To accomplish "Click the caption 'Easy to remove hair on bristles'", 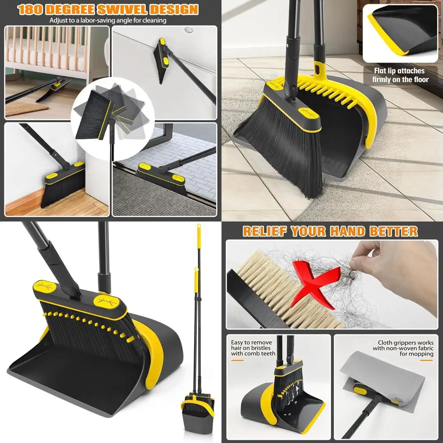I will coord(253,348).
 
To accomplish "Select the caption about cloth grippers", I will coord(403,348).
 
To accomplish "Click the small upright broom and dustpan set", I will coord(197,408).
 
